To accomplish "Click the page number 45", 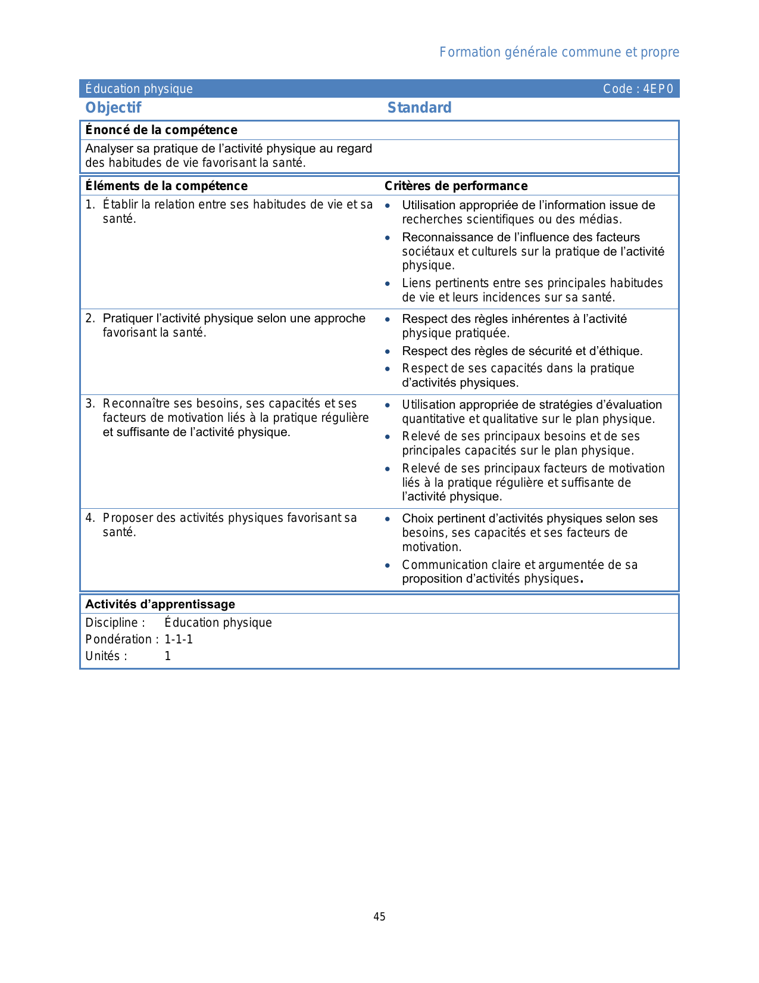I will [x=379, y=917].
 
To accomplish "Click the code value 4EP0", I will [x=658, y=89].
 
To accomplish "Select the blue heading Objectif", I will [x=113, y=108].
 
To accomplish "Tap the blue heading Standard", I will [x=419, y=108].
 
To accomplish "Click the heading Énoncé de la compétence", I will [x=161, y=130].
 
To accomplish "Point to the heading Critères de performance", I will [x=456, y=186].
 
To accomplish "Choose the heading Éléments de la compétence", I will [x=166, y=186].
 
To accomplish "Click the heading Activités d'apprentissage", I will [x=160, y=604].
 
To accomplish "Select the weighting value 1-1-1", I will [x=179, y=639].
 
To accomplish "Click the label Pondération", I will [x=119, y=639].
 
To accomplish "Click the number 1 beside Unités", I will [x=168, y=656].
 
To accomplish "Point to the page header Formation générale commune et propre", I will [x=559, y=52].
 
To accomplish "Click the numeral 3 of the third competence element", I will [x=89, y=404].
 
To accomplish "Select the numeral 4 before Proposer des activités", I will [x=89, y=518].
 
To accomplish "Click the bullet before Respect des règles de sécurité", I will [x=388, y=351].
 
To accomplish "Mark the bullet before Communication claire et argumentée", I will [x=388, y=565].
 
